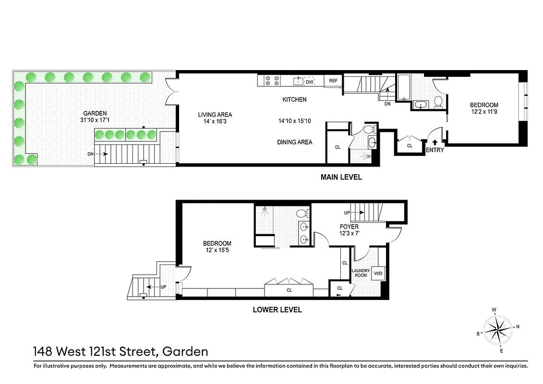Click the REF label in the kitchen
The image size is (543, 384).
(x=333, y=81)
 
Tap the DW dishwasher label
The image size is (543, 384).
(x=310, y=82)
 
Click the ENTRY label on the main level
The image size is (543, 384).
(x=435, y=150)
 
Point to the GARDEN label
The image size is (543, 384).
(x=94, y=113)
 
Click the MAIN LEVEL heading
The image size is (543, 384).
(x=341, y=177)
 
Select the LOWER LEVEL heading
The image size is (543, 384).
(x=277, y=310)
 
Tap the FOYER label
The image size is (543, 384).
(x=349, y=227)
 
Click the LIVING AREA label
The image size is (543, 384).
(x=215, y=115)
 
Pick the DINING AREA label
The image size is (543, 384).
(x=294, y=142)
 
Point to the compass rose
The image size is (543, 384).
(x=497, y=330)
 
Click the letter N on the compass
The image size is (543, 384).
(x=518, y=326)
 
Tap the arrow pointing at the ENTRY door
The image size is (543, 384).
(x=435, y=142)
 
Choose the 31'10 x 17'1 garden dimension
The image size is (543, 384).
(x=94, y=120)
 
